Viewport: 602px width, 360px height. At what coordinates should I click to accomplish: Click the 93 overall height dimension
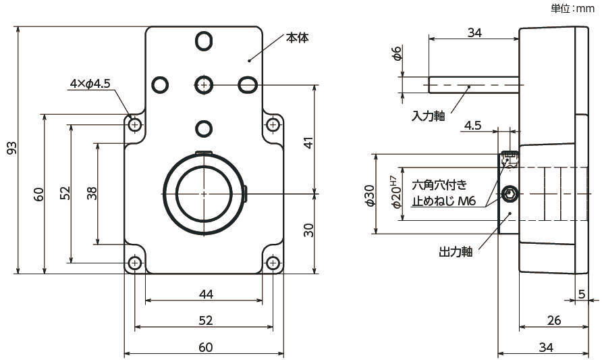point(11,149)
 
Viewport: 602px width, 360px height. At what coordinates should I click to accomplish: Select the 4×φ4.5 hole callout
point(90,84)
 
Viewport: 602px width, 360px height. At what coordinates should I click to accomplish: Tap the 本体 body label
point(297,38)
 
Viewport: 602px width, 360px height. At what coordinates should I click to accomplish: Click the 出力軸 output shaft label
point(456,252)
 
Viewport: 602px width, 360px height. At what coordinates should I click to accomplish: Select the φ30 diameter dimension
point(369,195)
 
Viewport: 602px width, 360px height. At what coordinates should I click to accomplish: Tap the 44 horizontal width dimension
point(207,294)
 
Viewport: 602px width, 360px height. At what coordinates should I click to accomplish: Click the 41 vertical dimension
point(308,143)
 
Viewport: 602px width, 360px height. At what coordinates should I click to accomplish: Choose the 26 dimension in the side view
point(554,320)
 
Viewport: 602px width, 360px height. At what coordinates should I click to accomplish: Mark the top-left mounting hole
point(135,125)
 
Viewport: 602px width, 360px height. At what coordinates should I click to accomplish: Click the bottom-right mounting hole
point(273,263)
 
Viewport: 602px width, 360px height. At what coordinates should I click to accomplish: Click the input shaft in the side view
point(473,85)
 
